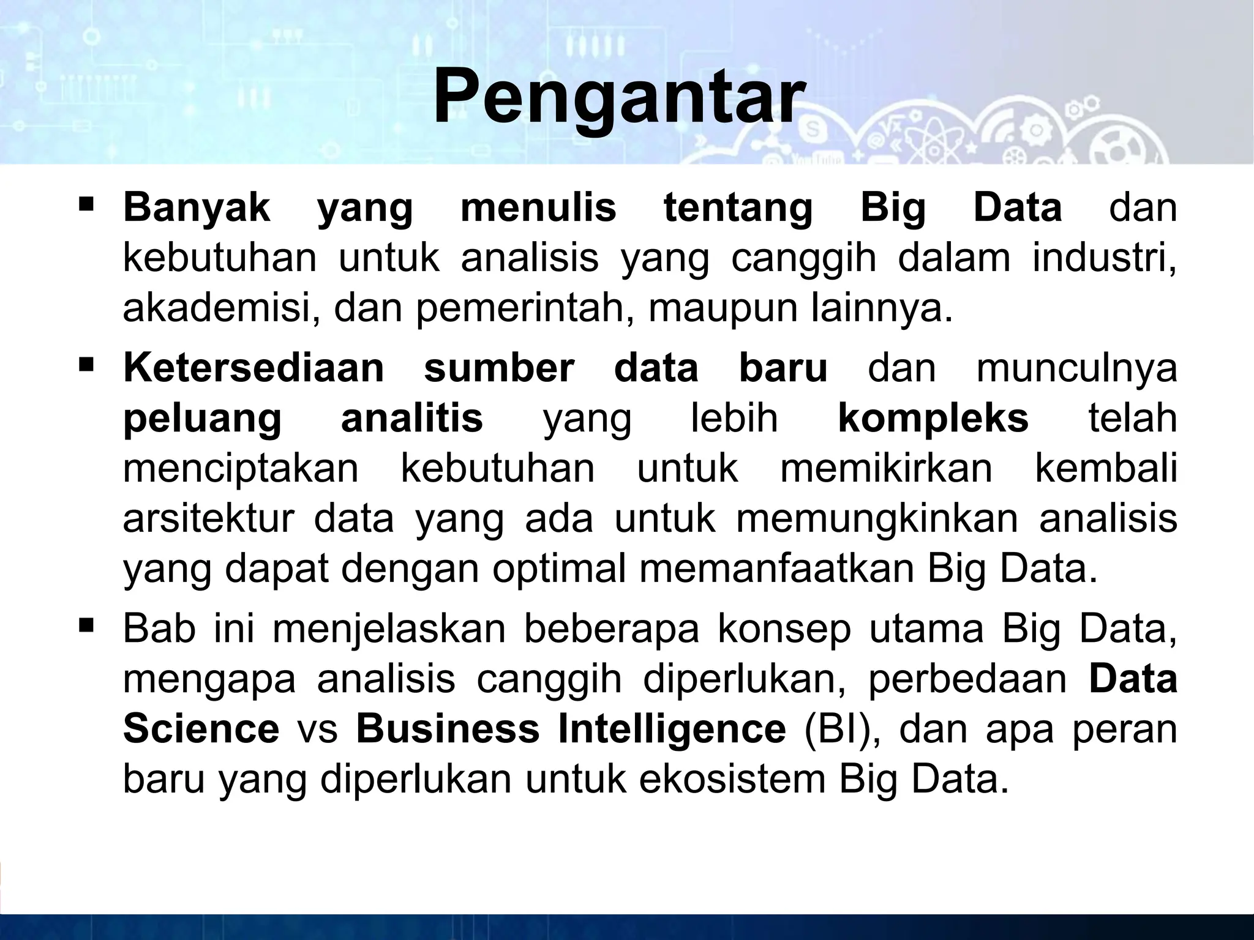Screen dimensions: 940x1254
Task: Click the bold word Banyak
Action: click(196, 208)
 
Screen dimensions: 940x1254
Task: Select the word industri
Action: click(1104, 258)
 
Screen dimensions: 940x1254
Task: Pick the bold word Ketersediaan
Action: click(253, 368)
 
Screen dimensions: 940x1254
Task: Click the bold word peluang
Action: click(202, 420)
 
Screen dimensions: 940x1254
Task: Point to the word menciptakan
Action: click(241, 470)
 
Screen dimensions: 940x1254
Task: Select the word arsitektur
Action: click(209, 519)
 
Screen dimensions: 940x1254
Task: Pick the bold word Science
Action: click(201, 729)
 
